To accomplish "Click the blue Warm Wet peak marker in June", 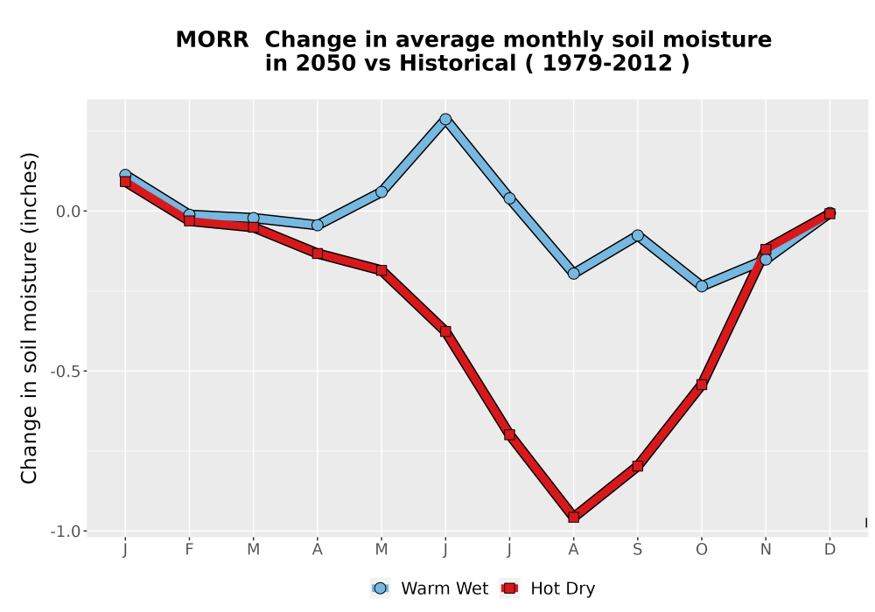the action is coord(445,119).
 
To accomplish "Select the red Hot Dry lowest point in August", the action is coord(574,518).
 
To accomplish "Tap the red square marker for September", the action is coord(637,466).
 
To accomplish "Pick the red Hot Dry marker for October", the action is coord(702,385).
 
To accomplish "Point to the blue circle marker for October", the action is coord(702,287).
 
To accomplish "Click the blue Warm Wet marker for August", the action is coord(574,274).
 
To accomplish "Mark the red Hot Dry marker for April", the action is coord(318,254).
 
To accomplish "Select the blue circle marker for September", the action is coord(637,236).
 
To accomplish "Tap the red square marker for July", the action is coord(509,435).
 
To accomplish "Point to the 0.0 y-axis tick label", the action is coord(68,212).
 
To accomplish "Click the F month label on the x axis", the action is coord(189,550).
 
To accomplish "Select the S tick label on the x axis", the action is coord(637,550).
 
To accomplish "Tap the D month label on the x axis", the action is coord(829,550).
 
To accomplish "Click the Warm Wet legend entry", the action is coord(429,588).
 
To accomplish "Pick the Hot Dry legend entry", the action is coord(548,588).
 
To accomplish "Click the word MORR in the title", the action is coord(212,40).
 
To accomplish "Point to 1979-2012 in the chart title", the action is coord(607,64).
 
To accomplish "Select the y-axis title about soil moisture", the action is coord(29,317).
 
